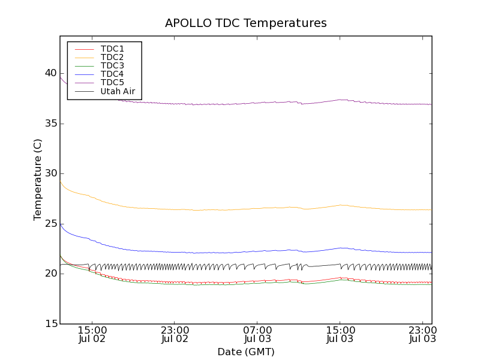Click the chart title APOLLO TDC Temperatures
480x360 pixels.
[246, 23]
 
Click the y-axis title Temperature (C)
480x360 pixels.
[38, 180]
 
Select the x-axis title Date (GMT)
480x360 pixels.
[246, 352]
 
